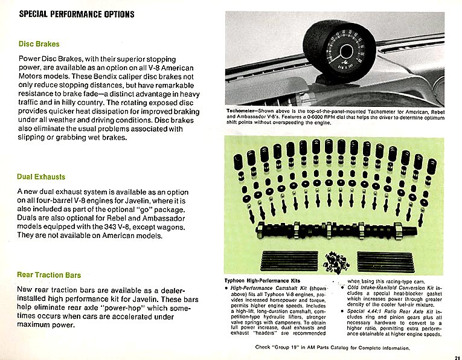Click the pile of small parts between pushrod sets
click(334, 262)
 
